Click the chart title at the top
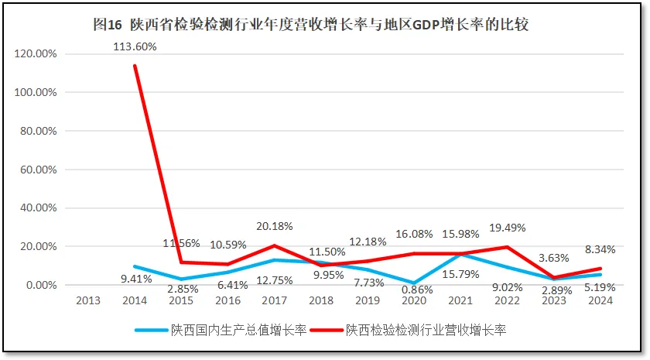tap(310, 25)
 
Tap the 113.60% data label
tap(135, 46)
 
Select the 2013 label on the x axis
tap(88, 300)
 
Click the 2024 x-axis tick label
tap(600, 300)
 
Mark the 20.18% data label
tap(275, 226)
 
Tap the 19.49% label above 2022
tap(508, 228)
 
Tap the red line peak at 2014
tap(135, 66)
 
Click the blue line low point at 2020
tap(414, 283)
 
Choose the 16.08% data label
tap(415, 234)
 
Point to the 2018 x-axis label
tap(321, 300)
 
